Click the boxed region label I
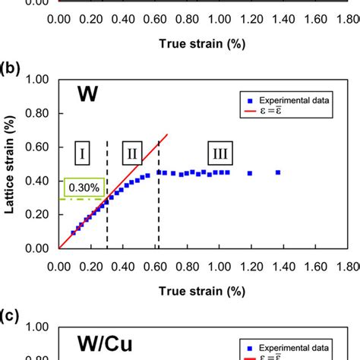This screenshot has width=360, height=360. pos(81,155)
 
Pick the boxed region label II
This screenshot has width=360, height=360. pos(132,155)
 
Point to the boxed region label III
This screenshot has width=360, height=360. pos(220,155)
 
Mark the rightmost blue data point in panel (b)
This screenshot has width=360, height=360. pos(278,172)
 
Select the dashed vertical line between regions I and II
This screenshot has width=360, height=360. pos(107,220)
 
